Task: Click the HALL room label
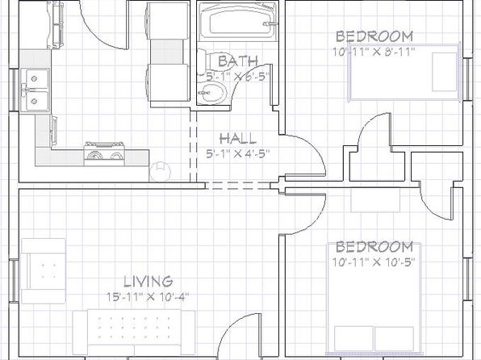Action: coord(238,138)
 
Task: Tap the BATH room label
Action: coord(238,61)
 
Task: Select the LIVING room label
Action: coord(148,281)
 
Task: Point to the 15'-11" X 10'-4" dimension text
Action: coord(148,297)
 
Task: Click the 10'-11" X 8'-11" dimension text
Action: coord(374,52)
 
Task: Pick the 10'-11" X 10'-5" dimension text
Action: coord(374,262)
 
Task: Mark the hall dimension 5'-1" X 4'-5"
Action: coord(238,153)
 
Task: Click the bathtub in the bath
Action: coord(238,22)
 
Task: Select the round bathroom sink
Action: coord(211,92)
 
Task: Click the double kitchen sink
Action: coord(35,90)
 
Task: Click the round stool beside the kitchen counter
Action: coord(160,171)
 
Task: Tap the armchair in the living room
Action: coord(44,271)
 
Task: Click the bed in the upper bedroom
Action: coord(404,73)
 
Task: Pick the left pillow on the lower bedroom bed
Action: coord(353,338)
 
